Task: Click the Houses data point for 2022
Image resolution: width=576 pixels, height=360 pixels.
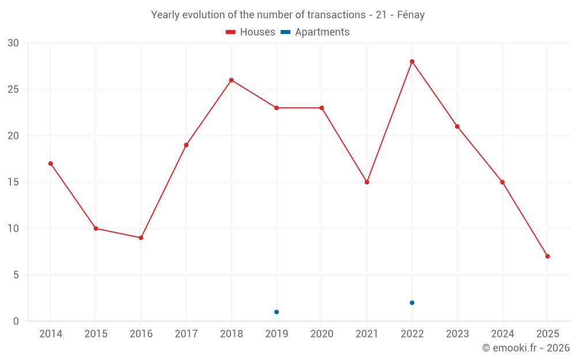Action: click(x=412, y=62)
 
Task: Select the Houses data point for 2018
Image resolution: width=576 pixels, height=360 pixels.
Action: click(x=232, y=80)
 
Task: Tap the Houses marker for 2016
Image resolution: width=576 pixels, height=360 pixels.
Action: click(x=141, y=238)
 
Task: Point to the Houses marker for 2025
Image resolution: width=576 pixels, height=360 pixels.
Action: click(x=547, y=256)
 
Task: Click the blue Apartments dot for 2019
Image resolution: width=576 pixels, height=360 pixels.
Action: click(x=276, y=312)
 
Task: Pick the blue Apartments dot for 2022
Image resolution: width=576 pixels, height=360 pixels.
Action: click(x=412, y=303)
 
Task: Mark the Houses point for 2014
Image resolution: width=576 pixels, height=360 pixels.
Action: click(x=51, y=164)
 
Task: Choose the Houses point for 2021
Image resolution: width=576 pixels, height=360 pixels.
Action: click(x=367, y=182)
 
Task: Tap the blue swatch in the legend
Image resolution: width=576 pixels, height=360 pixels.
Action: click(x=285, y=32)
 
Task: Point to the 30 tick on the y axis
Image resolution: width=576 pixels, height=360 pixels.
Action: click(x=13, y=43)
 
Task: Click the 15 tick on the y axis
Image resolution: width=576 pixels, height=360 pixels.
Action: click(x=13, y=182)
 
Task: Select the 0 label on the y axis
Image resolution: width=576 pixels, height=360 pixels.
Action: click(x=16, y=321)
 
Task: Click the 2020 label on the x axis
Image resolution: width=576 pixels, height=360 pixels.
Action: click(x=322, y=334)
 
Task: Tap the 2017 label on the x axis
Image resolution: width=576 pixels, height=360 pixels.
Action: click(x=186, y=334)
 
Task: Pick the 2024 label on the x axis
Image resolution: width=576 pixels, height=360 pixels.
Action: click(x=502, y=334)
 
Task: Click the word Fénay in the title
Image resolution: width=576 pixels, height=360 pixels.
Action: click(x=411, y=15)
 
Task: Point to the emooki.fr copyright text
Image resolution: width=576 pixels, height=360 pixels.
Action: click(x=525, y=348)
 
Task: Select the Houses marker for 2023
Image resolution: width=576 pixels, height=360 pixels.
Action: click(x=457, y=127)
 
